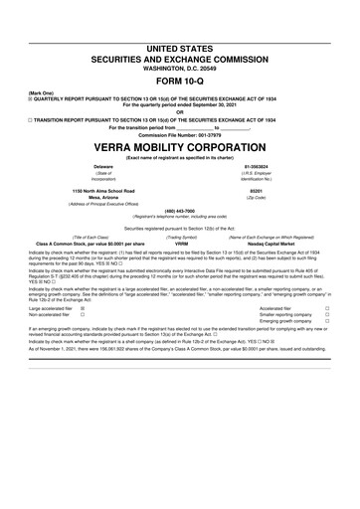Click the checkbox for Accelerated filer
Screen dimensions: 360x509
(326, 309)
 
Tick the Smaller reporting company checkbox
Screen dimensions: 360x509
(326, 316)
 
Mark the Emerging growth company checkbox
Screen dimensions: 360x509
(326, 323)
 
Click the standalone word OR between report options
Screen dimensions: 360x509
(180, 111)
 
